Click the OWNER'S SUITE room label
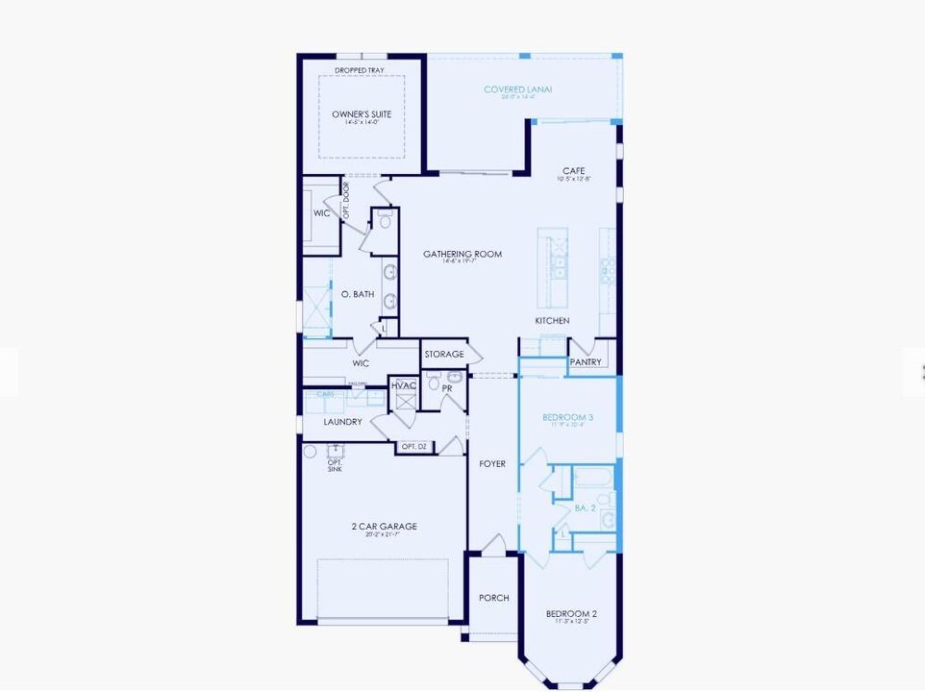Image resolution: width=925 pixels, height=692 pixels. [x=362, y=114]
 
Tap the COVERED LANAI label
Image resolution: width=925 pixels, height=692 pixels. [x=517, y=89]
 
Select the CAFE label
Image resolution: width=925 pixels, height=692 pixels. [x=574, y=171]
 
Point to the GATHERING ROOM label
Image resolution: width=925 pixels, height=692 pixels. [x=462, y=254]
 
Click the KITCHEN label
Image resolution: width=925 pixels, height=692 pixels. [x=552, y=320]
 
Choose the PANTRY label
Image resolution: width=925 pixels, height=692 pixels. [x=586, y=362]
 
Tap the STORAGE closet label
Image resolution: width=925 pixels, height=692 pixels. [x=444, y=354]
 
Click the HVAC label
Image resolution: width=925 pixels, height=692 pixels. [x=404, y=385]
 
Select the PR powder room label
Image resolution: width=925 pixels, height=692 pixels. [x=447, y=388]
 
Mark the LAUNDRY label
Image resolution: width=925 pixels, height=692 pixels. [x=342, y=422]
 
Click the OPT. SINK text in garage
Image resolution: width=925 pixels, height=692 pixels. [x=335, y=464]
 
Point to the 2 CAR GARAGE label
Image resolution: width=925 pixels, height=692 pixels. [x=384, y=526]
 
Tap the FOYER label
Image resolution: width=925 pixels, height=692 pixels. [x=492, y=463]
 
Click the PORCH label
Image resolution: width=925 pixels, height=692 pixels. [x=494, y=598]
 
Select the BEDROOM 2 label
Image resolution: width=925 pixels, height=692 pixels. [x=571, y=613]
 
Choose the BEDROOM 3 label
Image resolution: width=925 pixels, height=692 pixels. [x=567, y=417]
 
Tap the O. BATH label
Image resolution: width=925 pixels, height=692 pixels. [x=358, y=294]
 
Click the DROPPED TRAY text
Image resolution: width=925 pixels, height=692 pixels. [x=360, y=70]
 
